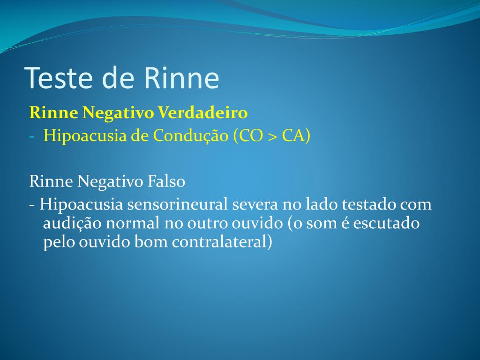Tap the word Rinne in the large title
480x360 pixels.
[181, 78]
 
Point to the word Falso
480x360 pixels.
[166, 181]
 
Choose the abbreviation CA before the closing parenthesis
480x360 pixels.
[294, 136]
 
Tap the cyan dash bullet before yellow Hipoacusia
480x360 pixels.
[32, 136]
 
